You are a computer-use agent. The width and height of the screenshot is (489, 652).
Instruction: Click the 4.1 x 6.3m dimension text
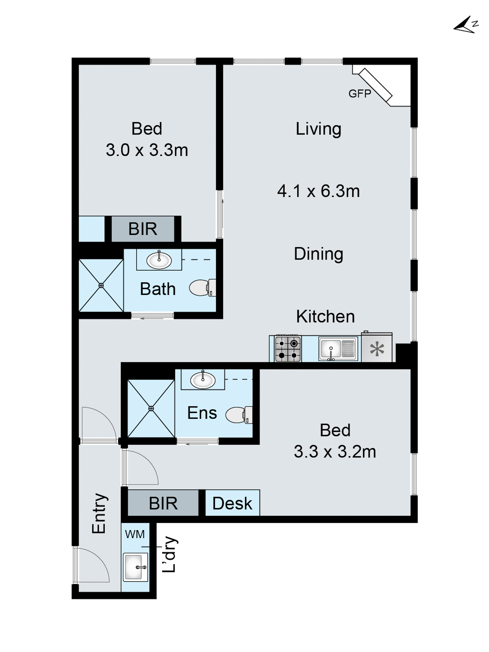click(x=319, y=191)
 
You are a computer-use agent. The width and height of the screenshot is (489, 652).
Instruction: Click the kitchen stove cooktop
click(x=288, y=349)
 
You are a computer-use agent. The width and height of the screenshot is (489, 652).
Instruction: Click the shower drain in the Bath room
click(x=101, y=285)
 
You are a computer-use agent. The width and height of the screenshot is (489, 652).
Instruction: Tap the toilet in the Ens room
click(x=239, y=415)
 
